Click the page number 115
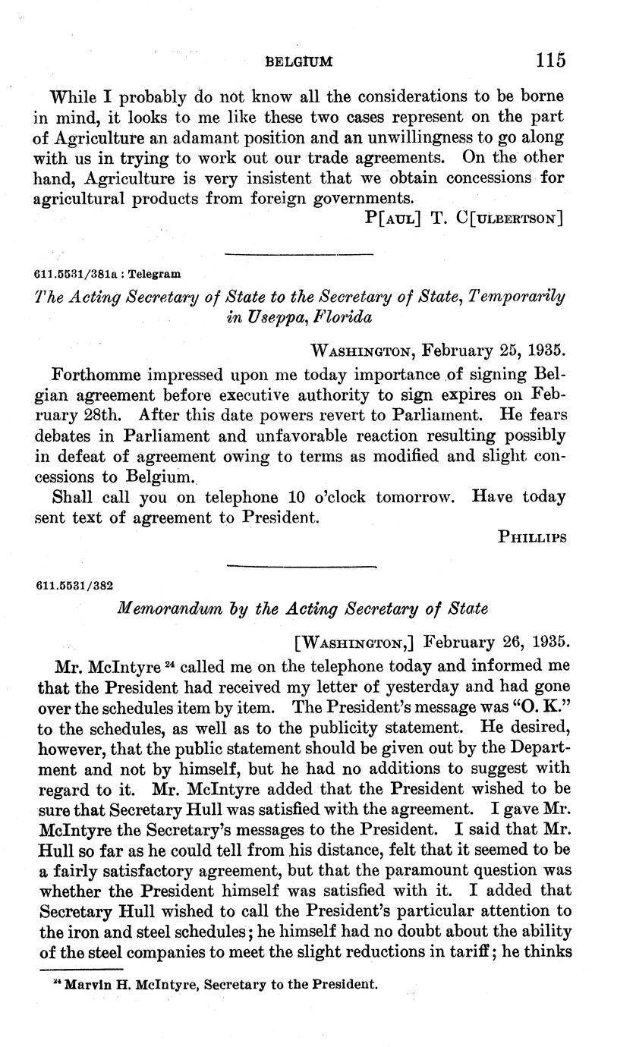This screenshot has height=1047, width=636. click(x=550, y=59)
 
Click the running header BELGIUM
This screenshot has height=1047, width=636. click(x=299, y=61)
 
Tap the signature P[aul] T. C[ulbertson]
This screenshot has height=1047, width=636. click(x=463, y=219)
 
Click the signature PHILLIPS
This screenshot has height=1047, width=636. click(x=532, y=537)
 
